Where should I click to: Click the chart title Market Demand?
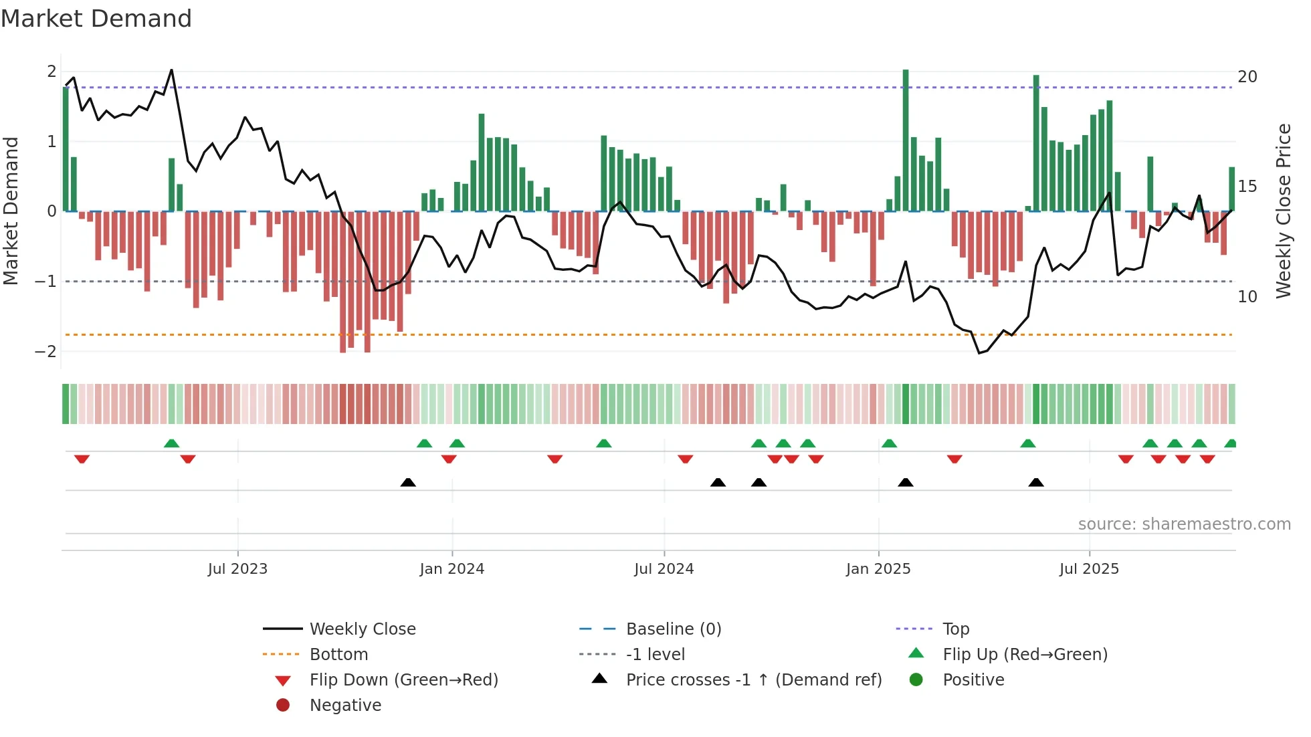tap(96, 19)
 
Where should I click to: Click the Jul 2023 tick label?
tap(237, 569)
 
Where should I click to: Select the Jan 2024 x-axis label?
tap(451, 569)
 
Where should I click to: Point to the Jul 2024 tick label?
tap(664, 569)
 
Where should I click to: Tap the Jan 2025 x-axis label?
tap(878, 569)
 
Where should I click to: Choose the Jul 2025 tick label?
tap(1089, 569)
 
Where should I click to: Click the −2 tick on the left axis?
tap(45, 352)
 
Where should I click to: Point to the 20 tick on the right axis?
tap(1247, 77)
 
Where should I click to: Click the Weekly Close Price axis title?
tap(1283, 211)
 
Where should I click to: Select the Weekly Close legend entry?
tap(362, 629)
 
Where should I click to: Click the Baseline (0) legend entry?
tap(673, 629)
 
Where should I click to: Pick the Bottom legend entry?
tap(338, 655)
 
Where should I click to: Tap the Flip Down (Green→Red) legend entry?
tap(403, 680)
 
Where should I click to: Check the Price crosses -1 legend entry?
tap(753, 680)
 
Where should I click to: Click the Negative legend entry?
tap(345, 706)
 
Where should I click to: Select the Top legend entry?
tap(955, 629)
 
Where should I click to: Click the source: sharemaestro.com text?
tap(1184, 524)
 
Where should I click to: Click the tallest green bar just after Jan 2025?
tap(906, 140)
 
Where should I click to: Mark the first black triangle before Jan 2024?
tap(408, 482)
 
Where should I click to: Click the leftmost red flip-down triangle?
tap(82, 459)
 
